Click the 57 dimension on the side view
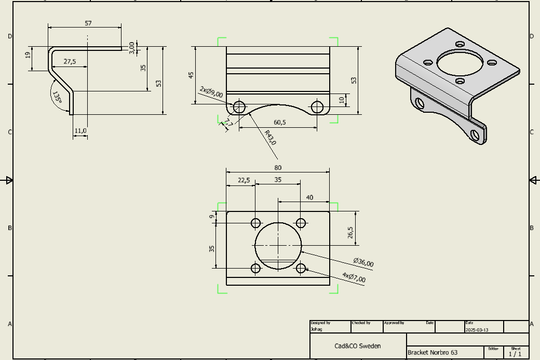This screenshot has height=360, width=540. point(88,23)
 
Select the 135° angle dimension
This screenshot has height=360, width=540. point(57,97)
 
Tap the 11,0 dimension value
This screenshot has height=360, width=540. point(80,131)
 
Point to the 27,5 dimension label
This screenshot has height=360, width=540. point(70,61)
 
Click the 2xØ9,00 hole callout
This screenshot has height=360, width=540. point(211,92)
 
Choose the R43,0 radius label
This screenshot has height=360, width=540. point(270,138)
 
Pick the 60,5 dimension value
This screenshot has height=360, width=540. point(280,122)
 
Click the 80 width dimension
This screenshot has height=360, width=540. point(278,167)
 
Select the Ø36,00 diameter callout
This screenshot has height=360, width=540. point(363,263)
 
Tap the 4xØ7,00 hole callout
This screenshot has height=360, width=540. point(354,278)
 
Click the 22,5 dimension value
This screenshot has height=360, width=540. point(244,180)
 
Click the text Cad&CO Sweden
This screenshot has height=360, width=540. point(357,346)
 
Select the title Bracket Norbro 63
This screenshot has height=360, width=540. point(433,352)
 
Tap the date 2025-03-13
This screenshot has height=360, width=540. point(477,330)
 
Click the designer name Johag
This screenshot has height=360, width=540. point(316,329)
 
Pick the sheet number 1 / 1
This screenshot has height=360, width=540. point(515,354)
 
